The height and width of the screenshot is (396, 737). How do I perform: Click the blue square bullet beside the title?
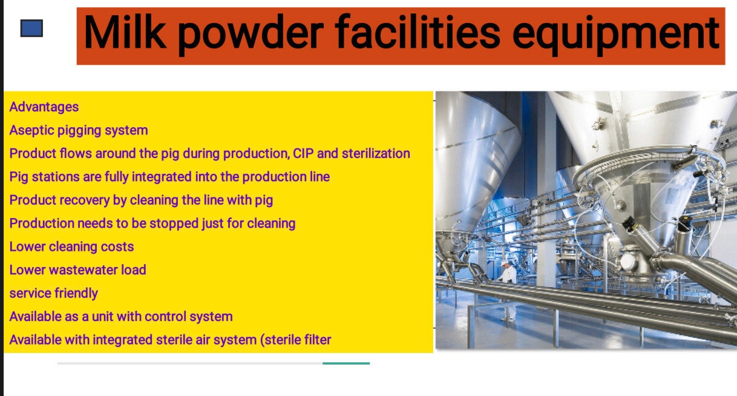coord(31,28)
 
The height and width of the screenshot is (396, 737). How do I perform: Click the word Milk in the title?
coord(125,33)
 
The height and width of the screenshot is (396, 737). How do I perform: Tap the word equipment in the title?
coord(615,35)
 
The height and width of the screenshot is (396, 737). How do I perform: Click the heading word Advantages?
coord(44,107)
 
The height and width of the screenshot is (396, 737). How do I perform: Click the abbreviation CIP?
coord(303,153)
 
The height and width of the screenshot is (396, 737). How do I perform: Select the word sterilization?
coord(376,153)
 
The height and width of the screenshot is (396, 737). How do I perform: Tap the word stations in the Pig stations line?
coord(56,177)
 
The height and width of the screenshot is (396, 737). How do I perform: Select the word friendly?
coord(76,293)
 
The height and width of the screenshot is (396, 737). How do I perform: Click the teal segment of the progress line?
coord(346,363)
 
